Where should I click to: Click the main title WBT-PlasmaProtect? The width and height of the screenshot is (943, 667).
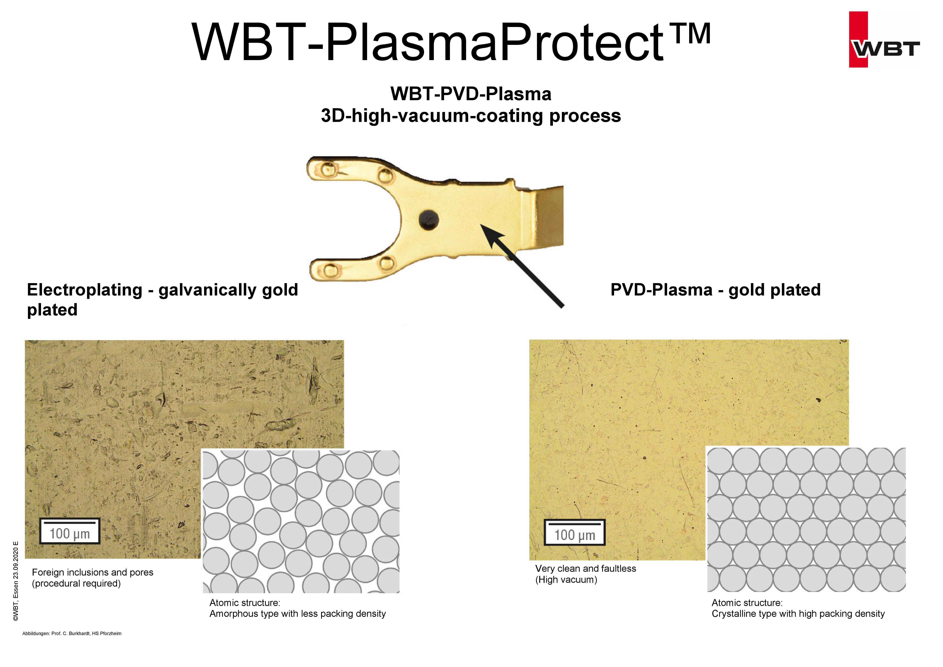tap(427, 43)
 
